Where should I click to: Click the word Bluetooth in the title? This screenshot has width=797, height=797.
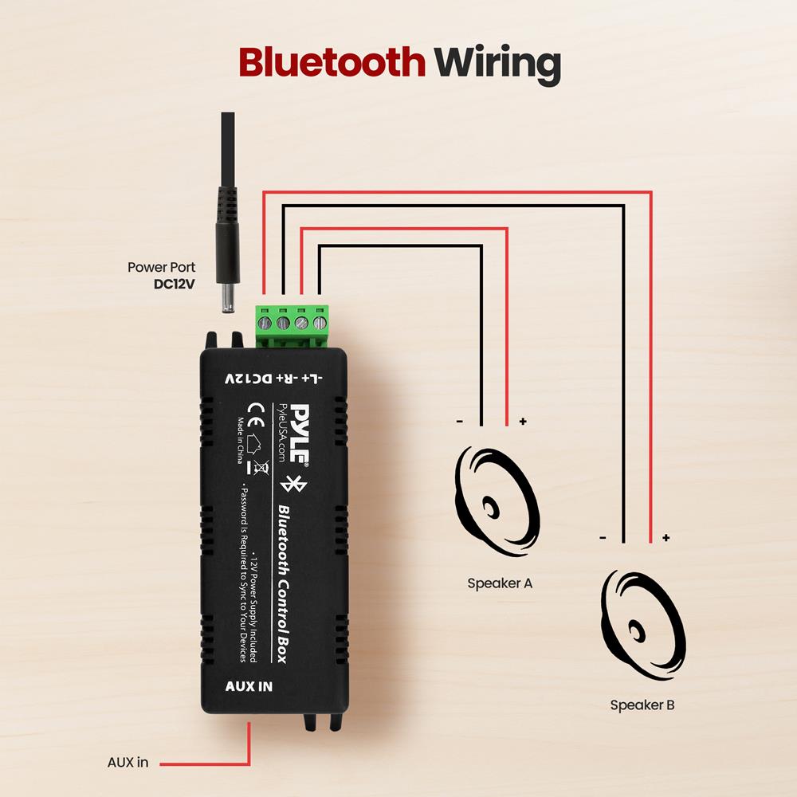pos(332,62)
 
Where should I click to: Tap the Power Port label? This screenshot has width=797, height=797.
pos(161,268)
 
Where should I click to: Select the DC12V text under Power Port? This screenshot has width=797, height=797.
pos(174,283)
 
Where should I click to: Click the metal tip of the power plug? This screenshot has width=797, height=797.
pos(228,300)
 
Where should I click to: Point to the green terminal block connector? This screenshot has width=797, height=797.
pos(291,325)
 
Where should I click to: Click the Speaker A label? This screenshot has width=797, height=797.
pos(500,583)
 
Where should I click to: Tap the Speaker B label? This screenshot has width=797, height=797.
pos(642,705)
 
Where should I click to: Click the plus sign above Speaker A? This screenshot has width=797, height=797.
pos(523,421)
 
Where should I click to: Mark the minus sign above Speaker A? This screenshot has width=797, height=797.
pos(459,421)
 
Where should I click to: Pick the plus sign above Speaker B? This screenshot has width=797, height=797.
pos(665,538)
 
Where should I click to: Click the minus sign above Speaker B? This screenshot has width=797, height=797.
pos(603,538)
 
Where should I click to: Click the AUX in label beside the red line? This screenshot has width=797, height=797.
pos(128,762)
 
